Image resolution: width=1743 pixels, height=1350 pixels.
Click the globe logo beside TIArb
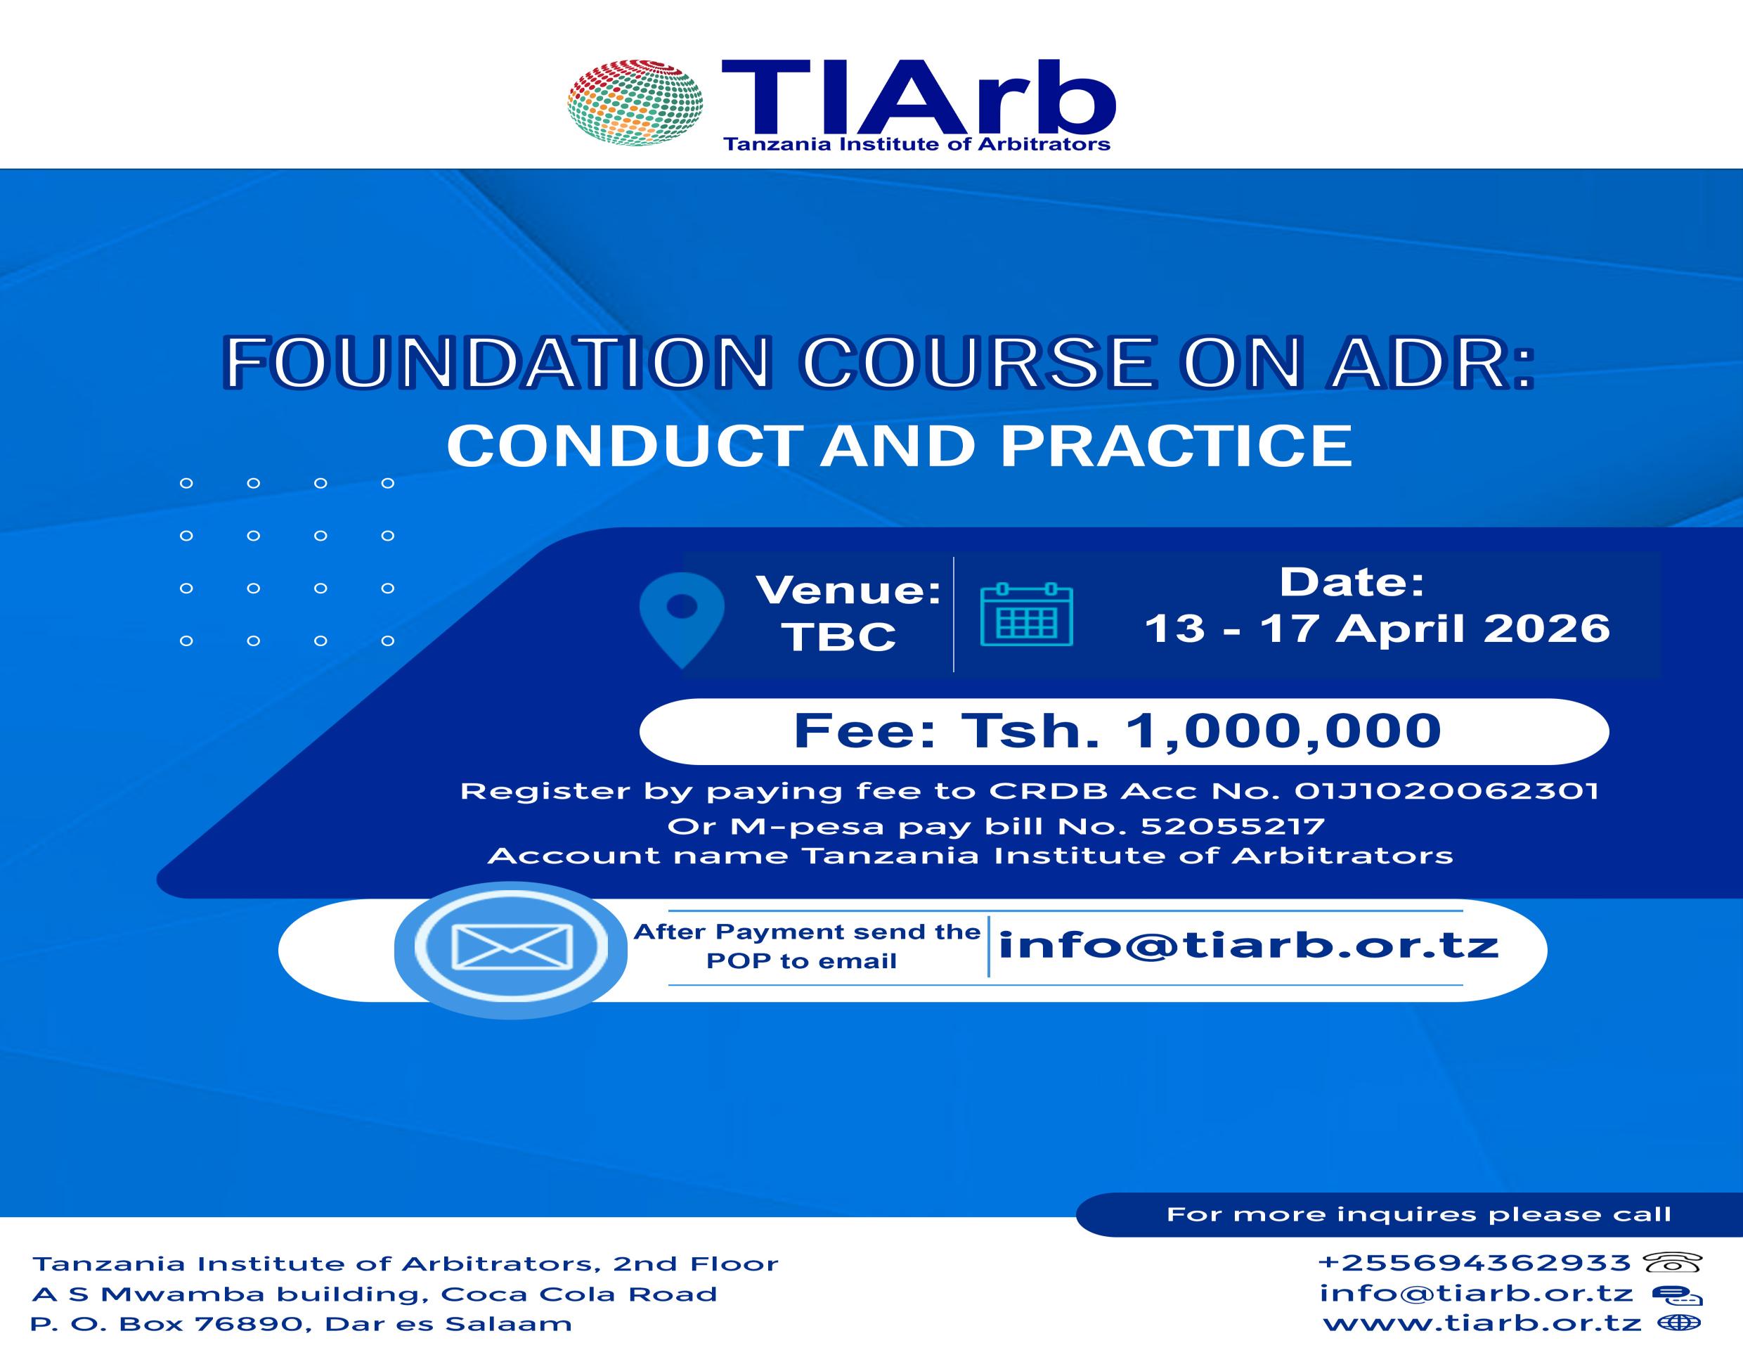click(x=635, y=102)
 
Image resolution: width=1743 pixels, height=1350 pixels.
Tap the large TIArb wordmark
click(x=919, y=98)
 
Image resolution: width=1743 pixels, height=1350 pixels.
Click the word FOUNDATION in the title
click(x=497, y=364)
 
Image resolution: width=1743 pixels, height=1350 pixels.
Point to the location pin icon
click(x=682, y=620)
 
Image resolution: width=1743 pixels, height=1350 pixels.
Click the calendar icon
click(x=1026, y=615)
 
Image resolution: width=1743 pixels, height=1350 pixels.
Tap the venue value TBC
click(x=838, y=637)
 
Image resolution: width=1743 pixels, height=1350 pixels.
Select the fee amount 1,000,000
click(x=1283, y=731)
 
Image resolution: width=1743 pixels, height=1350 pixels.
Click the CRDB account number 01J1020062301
click(x=1446, y=791)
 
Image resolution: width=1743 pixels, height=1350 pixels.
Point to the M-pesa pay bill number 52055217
click(x=1232, y=825)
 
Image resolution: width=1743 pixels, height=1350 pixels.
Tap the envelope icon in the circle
click(x=512, y=947)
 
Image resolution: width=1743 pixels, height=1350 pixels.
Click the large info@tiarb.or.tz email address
click(x=1249, y=945)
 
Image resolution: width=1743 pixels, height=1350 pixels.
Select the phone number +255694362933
click(x=1475, y=1262)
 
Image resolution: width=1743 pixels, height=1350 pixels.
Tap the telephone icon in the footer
click(x=1673, y=1262)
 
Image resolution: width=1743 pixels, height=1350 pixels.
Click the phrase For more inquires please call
click(x=1419, y=1214)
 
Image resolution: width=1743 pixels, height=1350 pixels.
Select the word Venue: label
click(x=849, y=590)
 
